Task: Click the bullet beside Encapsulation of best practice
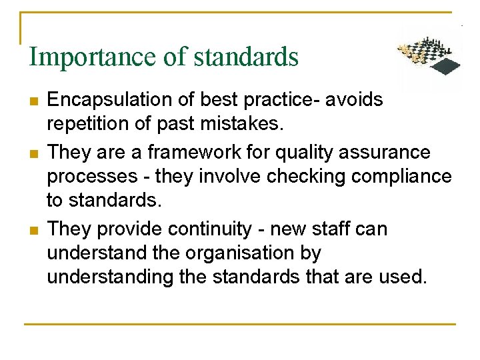point(33,101)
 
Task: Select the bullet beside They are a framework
point(33,153)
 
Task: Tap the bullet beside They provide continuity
point(33,230)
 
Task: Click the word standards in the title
point(246,57)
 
